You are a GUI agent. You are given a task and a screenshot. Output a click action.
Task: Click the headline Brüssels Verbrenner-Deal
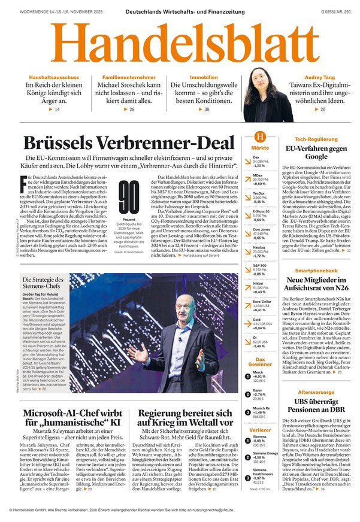tap(128, 144)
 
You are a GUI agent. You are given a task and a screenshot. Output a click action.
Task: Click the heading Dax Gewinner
tap(260, 360)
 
